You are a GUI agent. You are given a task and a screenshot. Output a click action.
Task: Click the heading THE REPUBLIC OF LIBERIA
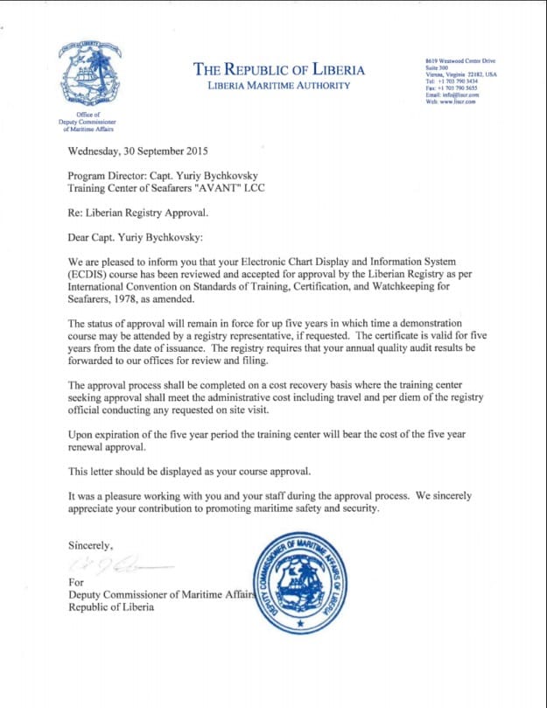click(278, 70)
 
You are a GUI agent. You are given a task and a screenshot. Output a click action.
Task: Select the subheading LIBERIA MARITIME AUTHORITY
click(278, 86)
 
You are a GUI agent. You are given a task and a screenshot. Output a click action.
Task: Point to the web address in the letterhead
click(441, 102)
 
